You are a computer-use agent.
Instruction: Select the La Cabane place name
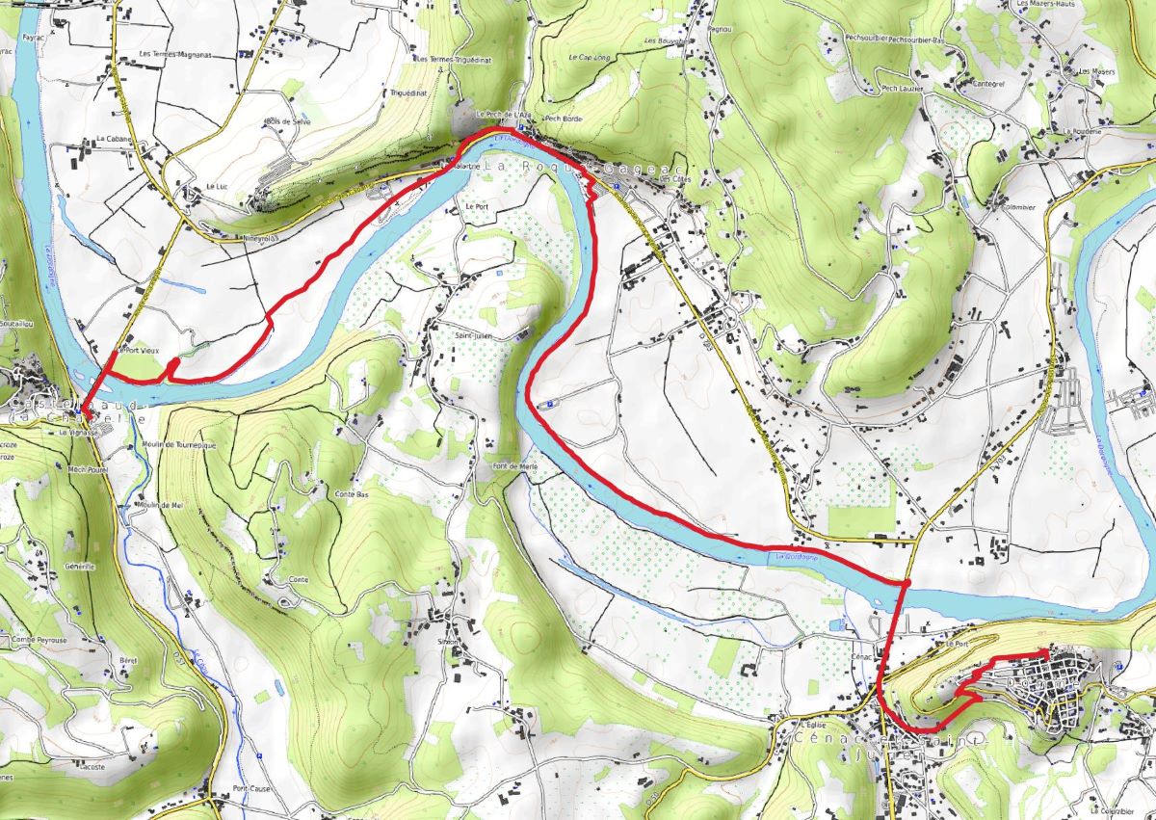[x=112, y=139]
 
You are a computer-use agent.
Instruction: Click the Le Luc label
[x=216, y=187]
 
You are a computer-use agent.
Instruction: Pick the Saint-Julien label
[x=473, y=335]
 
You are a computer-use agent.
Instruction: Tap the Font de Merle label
[x=514, y=466]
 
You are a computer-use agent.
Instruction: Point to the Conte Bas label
[x=352, y=494]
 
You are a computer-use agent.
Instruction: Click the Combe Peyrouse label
[x=39, y=639]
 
